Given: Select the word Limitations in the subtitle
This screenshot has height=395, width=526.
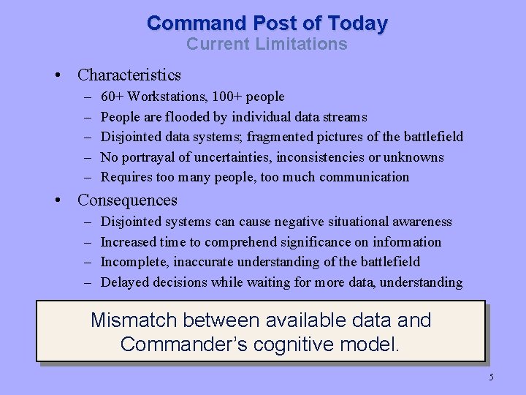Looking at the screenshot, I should (x=302, y=44).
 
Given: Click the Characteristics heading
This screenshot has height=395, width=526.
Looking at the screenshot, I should (x=129, y=75).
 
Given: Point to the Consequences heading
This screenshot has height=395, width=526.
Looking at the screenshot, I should (x=127, y=200).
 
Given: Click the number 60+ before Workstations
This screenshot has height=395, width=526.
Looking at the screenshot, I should (x=112, y=97).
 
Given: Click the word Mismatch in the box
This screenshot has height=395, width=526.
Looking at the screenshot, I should (x=134, y=320).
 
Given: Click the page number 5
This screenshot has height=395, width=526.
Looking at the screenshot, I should (x=491, y=377).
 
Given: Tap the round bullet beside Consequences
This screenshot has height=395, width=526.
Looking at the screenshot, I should (x=66, y=200).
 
